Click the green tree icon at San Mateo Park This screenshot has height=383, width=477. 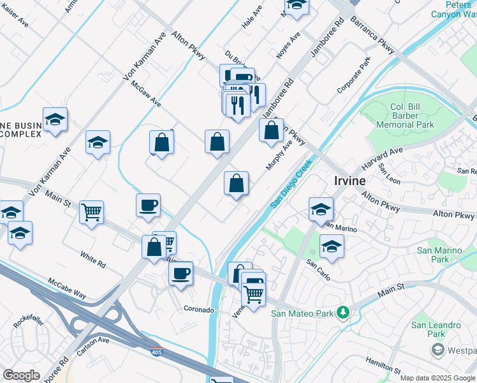pyautogui.click(x=343, y=312)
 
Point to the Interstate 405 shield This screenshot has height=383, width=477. pyautogui.click(x=157, y=351)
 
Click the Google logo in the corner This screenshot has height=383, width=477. pyautogui.click(x=20, y=375)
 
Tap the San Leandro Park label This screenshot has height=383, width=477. pyautogui.click(x=436, y=329)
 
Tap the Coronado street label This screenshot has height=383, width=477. pyautogui.click(x=199, y=310)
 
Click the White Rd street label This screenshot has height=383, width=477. pyautogui.click(x=93, y=259)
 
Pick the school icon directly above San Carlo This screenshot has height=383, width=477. pyautogui.click(x=332, y=246)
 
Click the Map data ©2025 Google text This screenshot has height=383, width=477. pyautogui.click(x=437, y=378)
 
